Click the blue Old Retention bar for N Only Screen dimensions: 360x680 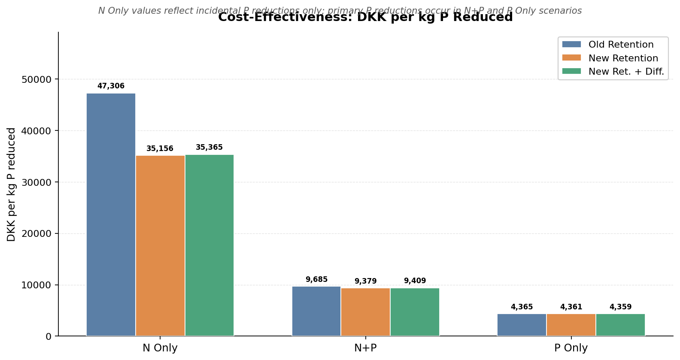[111, 215]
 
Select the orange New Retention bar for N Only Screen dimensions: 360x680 [160, 245]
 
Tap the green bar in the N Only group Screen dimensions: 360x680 [209, 245]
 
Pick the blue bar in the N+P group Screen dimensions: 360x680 [316, 311]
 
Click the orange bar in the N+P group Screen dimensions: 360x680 [365, 312]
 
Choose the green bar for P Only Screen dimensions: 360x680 [620, 325]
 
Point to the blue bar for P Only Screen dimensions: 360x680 [522, 325]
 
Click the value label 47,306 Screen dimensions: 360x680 [111, 86]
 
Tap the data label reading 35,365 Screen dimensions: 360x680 [209, 148]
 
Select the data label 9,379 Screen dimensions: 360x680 [365, 281]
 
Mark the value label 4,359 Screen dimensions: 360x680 [620, 307]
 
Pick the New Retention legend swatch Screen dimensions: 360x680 [571, 58]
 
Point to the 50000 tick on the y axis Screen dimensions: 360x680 [36, 79]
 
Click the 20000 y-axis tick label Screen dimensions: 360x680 [36, 234]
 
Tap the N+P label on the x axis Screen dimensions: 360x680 [365, 348]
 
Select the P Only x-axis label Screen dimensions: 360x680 [571, 348]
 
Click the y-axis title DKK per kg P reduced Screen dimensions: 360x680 [12, 185]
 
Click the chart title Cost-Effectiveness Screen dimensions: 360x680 [365, 18]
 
